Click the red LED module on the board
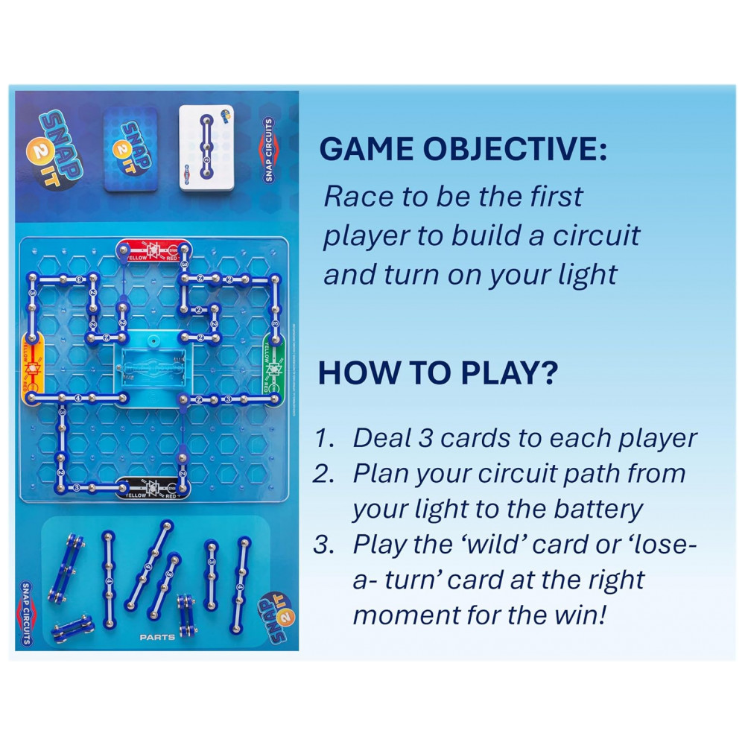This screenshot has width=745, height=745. pos(152,250)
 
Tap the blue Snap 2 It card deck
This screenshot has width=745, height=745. pos(130,148)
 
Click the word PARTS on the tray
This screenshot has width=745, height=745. pos(156,638)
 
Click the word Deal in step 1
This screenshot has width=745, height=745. pos(380,438)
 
